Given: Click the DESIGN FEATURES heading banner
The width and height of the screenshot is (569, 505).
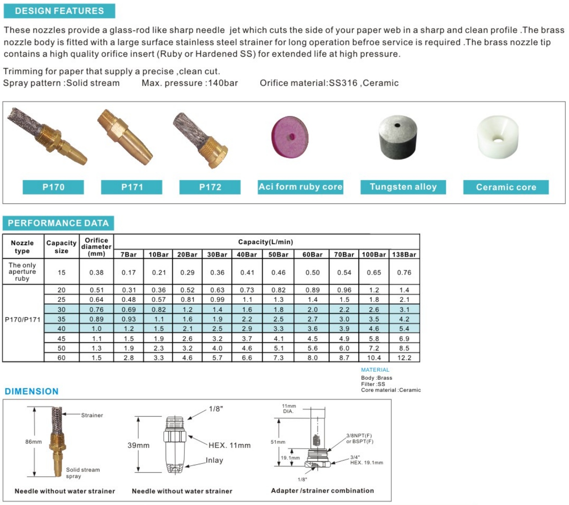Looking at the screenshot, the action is (x=59, y=11).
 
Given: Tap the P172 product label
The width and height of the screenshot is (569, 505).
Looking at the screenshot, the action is (x=210, y=187).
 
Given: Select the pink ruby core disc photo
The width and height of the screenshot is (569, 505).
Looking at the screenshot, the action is (x=290, y=137).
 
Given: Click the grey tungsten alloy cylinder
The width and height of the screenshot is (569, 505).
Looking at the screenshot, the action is (x=397, y=137).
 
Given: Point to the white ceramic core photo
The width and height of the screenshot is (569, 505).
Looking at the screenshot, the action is (x=497, y=137).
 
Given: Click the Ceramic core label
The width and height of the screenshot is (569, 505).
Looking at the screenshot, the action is (x=506, y=187).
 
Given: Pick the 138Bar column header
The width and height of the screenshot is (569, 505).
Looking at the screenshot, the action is (x=404, y=254).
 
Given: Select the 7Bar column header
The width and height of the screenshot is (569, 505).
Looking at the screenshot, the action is (x=128, y=254).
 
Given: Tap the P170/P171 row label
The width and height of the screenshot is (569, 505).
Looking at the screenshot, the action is (x=23, y=319).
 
